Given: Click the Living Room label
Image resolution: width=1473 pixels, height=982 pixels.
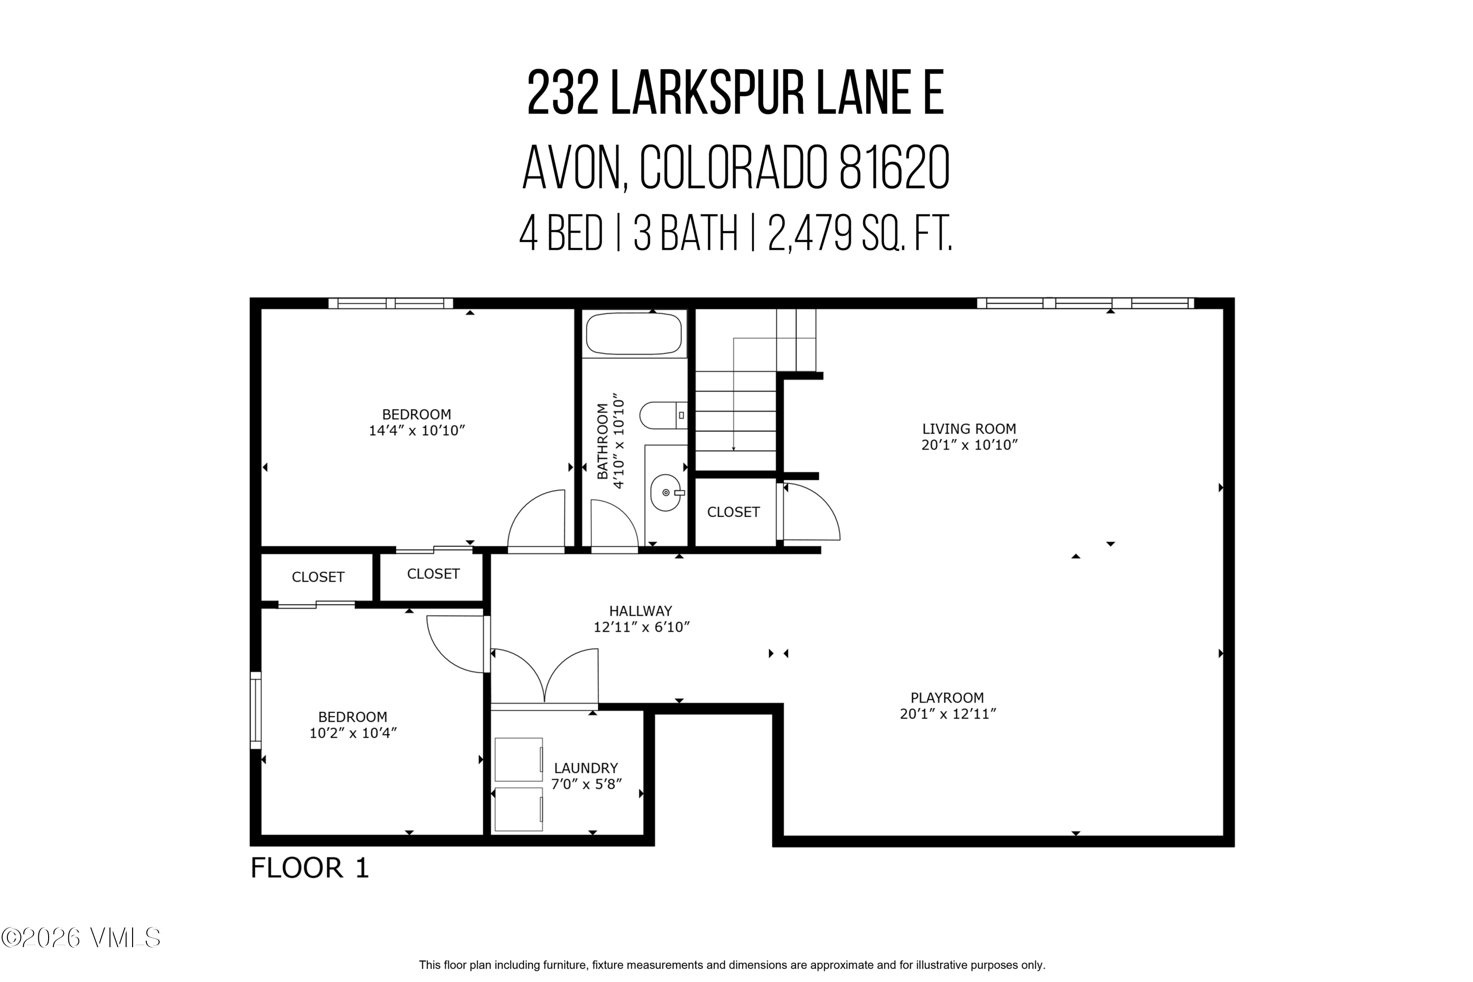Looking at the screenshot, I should [968, 429].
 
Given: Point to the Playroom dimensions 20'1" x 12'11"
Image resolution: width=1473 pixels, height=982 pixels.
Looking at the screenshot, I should [947, 714].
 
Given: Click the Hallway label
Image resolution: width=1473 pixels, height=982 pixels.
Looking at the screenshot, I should [640, 611].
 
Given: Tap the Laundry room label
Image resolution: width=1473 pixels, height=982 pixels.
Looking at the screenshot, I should [585, 768].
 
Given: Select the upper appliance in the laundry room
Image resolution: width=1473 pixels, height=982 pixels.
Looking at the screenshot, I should [518, 759].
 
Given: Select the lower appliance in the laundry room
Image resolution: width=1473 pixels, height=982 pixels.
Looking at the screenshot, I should [518, 809].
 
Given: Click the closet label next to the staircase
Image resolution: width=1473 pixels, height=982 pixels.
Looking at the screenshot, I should [733, 512].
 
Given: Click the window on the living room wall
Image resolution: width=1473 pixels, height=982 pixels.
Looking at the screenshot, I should [1085, 303].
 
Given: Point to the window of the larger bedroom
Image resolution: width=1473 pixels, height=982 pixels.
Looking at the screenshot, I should [390, 303].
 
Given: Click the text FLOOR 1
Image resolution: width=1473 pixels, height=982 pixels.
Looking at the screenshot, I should [309, 869].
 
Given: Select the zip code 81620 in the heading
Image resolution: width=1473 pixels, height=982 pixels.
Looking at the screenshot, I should [894, 168].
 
